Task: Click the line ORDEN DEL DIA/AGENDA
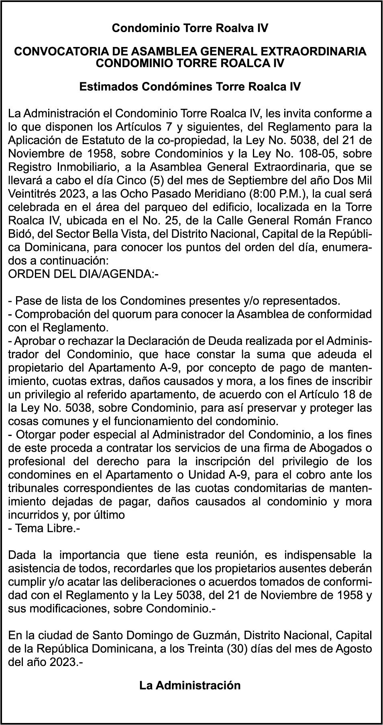point(84,275)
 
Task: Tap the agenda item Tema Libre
point(45,528)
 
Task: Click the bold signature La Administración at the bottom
point(190,685)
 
